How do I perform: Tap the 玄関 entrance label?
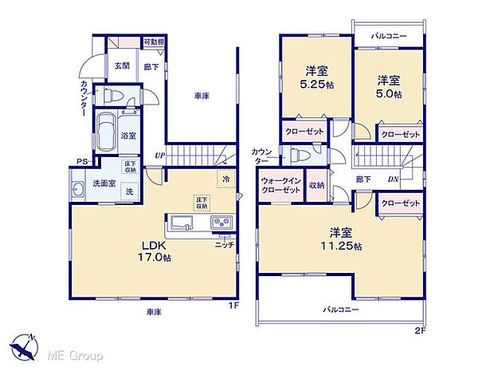(121, 66)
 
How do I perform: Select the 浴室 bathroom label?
(127, 136)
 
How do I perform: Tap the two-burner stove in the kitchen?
(221, 222)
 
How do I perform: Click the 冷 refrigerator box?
(226, 178)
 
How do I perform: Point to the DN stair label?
(394, 179)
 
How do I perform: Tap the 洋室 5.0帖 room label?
(388, 86)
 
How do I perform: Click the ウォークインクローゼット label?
(280, 189)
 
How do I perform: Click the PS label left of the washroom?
(81, 162)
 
